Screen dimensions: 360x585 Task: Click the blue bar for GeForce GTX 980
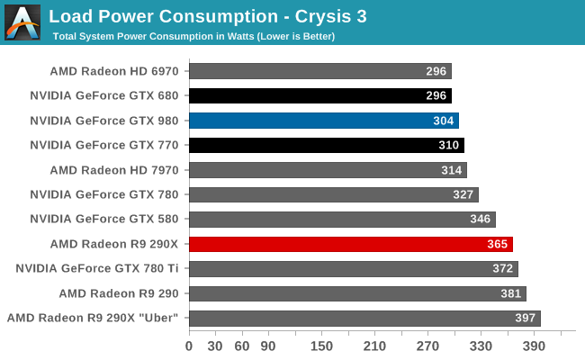click(324, 121)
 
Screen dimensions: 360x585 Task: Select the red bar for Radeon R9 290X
click(351, 244)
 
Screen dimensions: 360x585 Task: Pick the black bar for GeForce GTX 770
click(327, 145)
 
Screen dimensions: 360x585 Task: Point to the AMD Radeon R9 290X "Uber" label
click(93, 318)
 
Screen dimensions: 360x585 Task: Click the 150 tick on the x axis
click(321, 346)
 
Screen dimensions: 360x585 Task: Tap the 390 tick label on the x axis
click(534, 346)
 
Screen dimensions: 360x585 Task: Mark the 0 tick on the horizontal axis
click(189, 346)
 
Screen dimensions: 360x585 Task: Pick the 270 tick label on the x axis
click(427, 346)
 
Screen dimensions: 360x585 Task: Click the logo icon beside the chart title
click(22, 22)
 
